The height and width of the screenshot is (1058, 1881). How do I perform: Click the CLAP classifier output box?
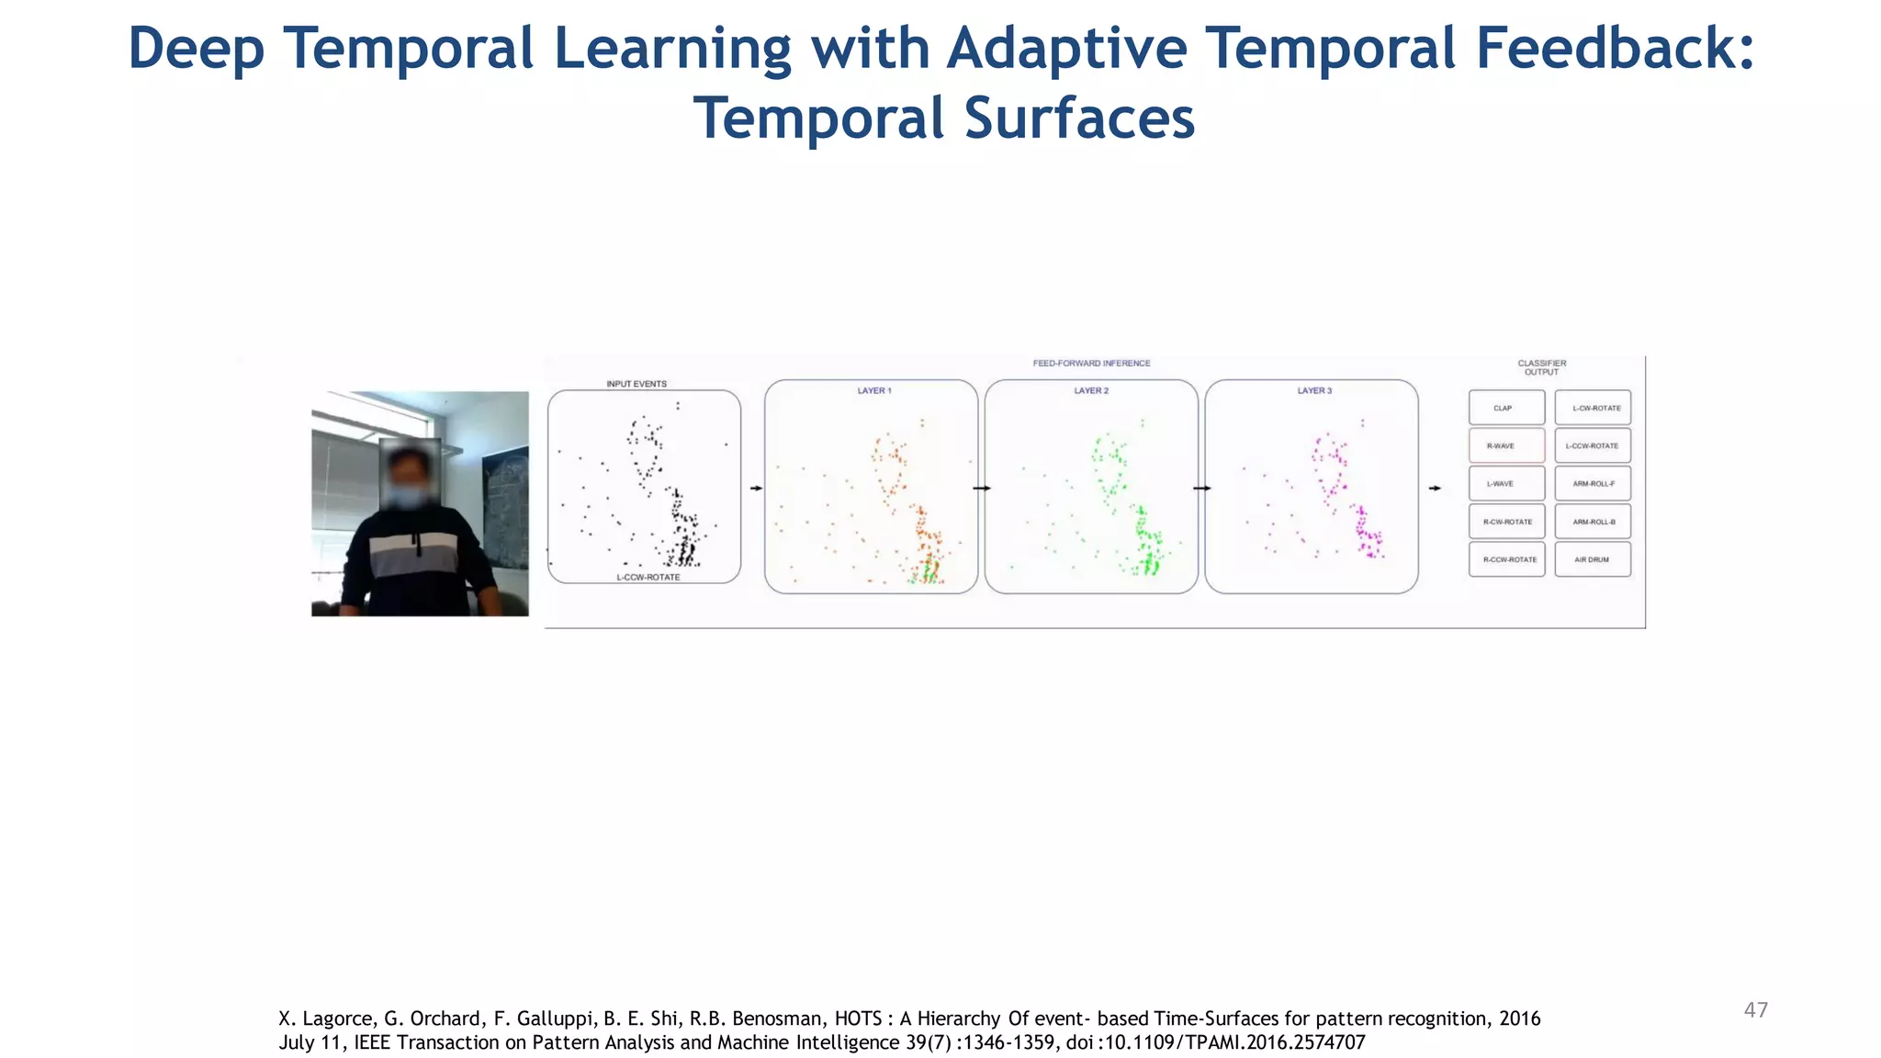point(1506,408)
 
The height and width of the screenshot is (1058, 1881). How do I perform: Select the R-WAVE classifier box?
point(1506,445)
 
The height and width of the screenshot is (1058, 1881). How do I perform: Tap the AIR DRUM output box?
point(1592,559)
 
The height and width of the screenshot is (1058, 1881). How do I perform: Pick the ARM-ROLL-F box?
point(1592,484)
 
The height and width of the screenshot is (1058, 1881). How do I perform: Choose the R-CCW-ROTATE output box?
point(1506,559)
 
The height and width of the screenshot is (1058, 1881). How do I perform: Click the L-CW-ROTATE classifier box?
point(1592,408)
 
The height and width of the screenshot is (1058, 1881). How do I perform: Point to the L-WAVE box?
point(1506,484)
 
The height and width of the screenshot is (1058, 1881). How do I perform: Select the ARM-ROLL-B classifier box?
point(1592,522)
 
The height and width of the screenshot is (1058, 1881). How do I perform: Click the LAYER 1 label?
point(873,391)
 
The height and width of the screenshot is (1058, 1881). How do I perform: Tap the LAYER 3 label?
point(1313,391)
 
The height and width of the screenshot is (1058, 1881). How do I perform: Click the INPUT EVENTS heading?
point(636,384)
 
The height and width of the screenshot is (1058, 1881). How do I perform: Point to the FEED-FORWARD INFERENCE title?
point(1091,364)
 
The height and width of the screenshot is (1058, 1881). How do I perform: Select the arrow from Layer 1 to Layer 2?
point(981,488)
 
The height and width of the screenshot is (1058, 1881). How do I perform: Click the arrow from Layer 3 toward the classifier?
point(1435,488)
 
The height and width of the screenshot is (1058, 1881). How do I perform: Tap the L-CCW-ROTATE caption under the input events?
point(648,578)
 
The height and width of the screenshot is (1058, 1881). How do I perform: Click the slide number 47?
point(1755,1010)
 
